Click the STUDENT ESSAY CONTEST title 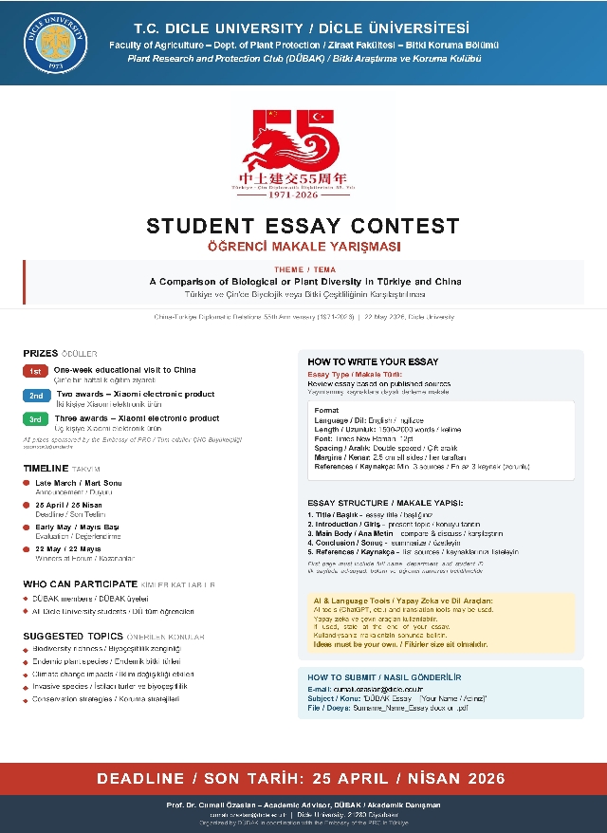[303, 226]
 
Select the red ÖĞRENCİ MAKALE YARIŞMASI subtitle [303, 247]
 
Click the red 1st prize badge [35, 370]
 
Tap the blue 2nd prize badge [35, 395]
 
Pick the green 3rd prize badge [35, 418]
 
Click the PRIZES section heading [41, 353]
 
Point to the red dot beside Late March [27, 484]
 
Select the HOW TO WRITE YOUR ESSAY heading [373, 362]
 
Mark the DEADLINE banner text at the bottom [303, 778]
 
